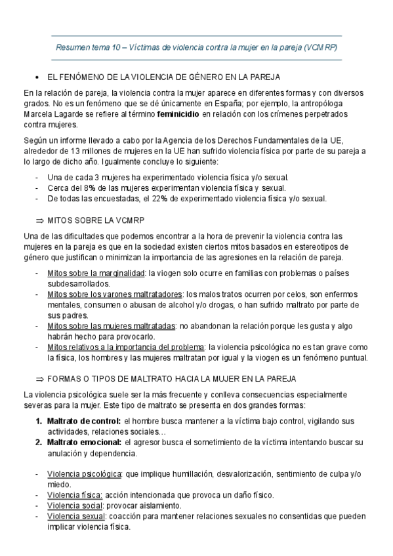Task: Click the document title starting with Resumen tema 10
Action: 196,48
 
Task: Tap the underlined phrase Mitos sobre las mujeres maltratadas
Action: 112,325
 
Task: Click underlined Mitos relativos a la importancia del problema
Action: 126,347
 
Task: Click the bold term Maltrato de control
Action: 83,421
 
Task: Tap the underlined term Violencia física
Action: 75,495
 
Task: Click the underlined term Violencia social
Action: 75,506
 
